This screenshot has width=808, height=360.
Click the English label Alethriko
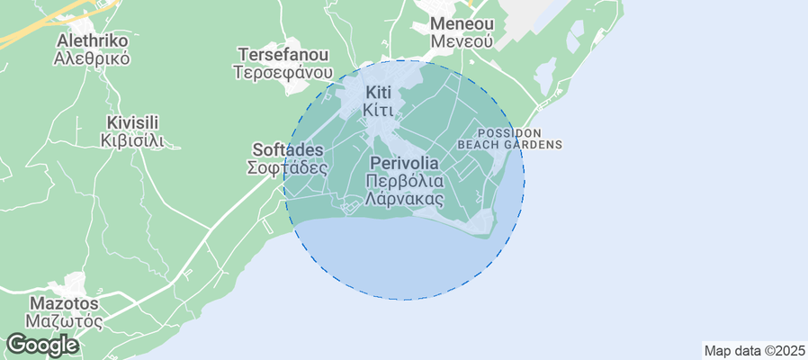click(x=92, y=41)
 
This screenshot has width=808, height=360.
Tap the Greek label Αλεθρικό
click(x=92, y=59)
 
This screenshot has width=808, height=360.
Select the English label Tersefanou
click(x=283, y=55)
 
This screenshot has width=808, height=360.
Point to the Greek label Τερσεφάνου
click(x=283, y=73)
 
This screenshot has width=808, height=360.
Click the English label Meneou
click(x=462, y=23)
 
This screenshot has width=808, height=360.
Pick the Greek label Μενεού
click(x=462, y=41)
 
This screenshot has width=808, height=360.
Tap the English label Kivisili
click(x=132, y=122)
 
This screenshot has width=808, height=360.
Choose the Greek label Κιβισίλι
click(x=132, y=140)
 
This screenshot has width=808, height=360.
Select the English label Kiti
click(x=378, y=93)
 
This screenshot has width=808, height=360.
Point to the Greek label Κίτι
click(x=378, y=110)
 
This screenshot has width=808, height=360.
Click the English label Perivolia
click(x=404, y=164)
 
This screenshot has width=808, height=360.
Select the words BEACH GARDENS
click(x=510, y=144)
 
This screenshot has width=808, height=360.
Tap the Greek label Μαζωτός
click(x=63, y=321)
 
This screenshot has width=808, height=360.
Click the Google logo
click(x=41, y=344)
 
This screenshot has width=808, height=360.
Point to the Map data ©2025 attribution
click(x=754, y=351)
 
